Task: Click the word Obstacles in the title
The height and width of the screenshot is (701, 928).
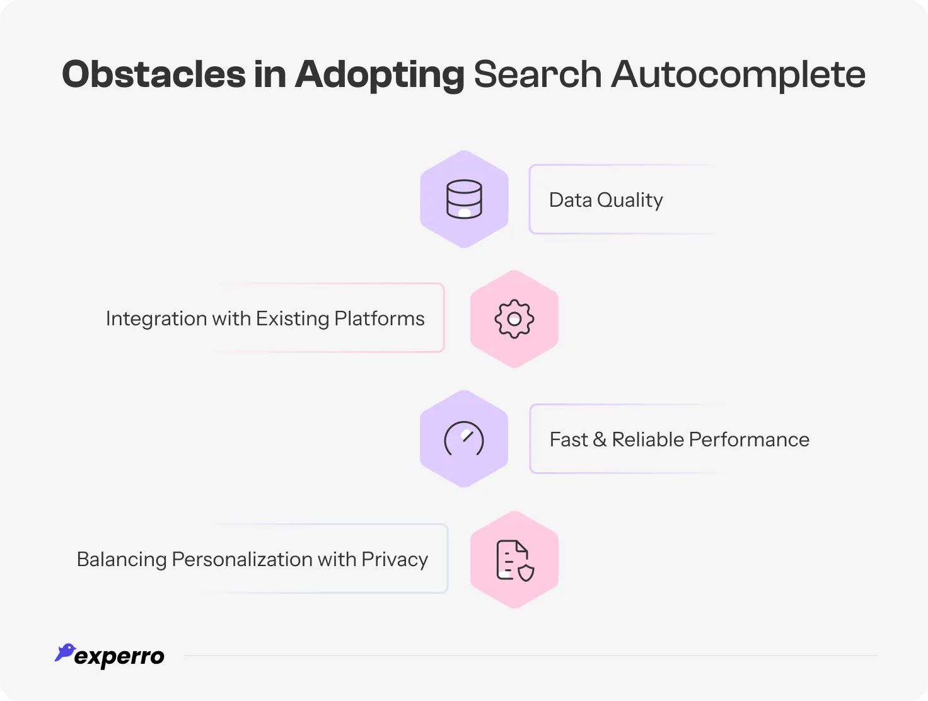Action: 153,74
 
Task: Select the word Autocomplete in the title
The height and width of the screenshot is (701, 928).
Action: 738,74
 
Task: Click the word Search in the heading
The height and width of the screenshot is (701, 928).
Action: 538,74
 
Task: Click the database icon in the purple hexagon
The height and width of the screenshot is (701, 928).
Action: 464,199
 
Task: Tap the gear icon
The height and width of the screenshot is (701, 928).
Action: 514,319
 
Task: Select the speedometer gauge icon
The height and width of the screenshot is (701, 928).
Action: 464,439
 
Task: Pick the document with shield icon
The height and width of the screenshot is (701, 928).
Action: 514,560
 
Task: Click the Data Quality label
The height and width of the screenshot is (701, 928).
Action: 606,200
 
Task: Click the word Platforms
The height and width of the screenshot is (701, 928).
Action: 380,319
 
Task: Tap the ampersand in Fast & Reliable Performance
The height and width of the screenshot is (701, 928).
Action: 600,439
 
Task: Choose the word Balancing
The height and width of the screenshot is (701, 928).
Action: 122,560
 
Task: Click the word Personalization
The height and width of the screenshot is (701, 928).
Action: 241,560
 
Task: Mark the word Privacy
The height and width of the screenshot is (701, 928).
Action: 395,560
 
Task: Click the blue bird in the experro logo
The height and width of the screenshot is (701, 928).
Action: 65,652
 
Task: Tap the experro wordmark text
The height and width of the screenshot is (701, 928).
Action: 119,657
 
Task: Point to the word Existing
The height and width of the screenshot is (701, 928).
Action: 293,319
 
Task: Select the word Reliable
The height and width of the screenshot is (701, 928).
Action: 648,439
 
